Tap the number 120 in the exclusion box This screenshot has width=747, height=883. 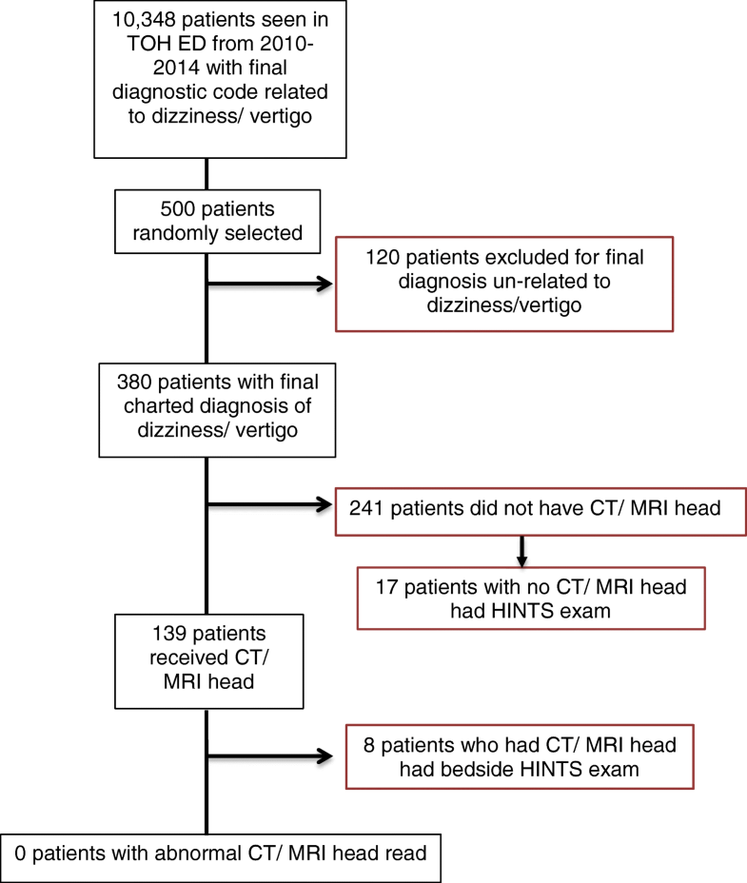(382, 257)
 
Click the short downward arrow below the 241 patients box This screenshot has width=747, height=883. (521, 549)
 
